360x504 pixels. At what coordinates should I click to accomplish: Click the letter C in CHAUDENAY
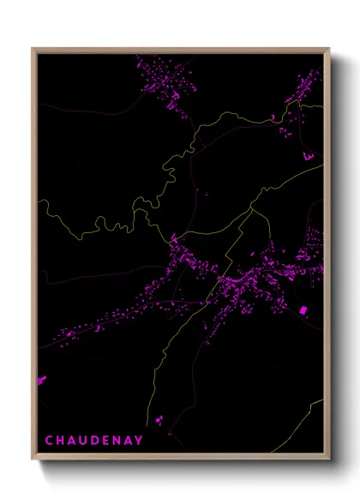pyautogui.click(x=48, y=441)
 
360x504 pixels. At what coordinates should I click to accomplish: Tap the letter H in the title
pyautogui.click(x=60, y=441)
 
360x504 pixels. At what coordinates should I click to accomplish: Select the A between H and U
pyautogui.click(x=72, y=441)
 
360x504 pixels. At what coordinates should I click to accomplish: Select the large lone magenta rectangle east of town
pyautogui.click(x=303, y=309)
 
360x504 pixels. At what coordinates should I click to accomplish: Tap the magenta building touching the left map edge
pyautogui.click(x=41, y=379)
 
